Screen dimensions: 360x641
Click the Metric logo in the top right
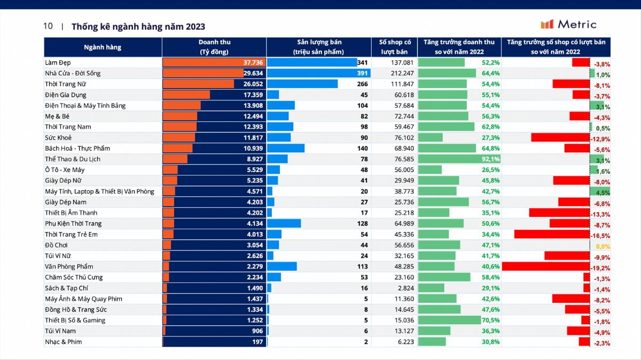pyautogui.click(x=568, y=24)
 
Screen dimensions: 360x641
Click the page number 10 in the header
pyautogui.click(x=48, y=26)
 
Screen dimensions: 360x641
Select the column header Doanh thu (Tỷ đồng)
pyautogui.click(x=214, y=47)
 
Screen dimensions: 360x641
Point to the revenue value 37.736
pyautogui.click(x=253, y=62)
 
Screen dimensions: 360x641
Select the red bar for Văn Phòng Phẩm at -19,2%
pyautogui.click(x=545, y=267)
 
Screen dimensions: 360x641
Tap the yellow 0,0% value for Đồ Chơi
pyautogui.click(x=602, y=246)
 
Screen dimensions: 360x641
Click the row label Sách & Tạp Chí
pyautogui.click(x=66, y=288)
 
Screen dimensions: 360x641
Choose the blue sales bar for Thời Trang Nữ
pyautogui.click(x=302, y=84)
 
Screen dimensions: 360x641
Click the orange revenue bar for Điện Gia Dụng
pyautogui.click(x=186, y=95)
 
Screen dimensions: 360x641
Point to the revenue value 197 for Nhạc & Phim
pyautogui.click(x=258, y=342)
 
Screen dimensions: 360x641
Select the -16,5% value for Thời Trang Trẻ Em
pyautogui.click(x=601, y=236)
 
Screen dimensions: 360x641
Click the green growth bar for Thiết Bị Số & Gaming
pyautogui.click(x=449, y=320)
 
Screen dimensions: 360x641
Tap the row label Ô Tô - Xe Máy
pyautogui.click(x=65, y=170)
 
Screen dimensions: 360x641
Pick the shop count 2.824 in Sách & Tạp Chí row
pyautogui.click(x=405, y=288)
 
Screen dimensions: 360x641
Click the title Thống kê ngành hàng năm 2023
pyautogui.click(x=138, y=26)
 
